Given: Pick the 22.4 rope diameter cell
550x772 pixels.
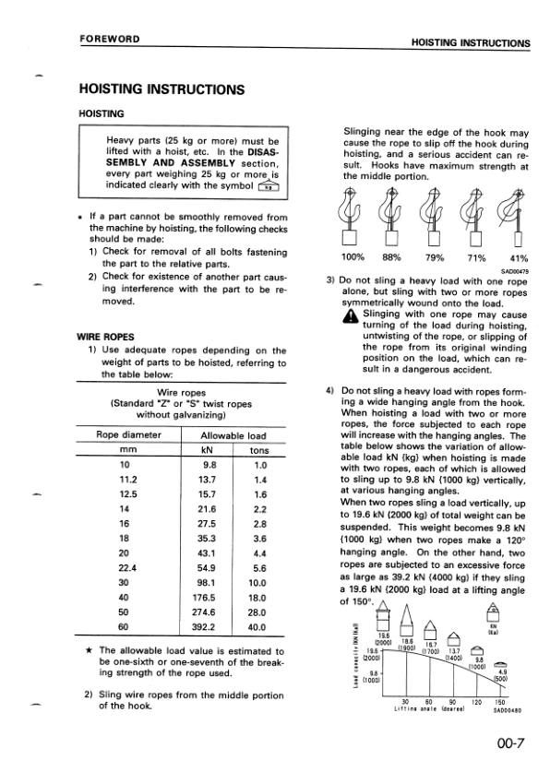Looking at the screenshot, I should [123, 568].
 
